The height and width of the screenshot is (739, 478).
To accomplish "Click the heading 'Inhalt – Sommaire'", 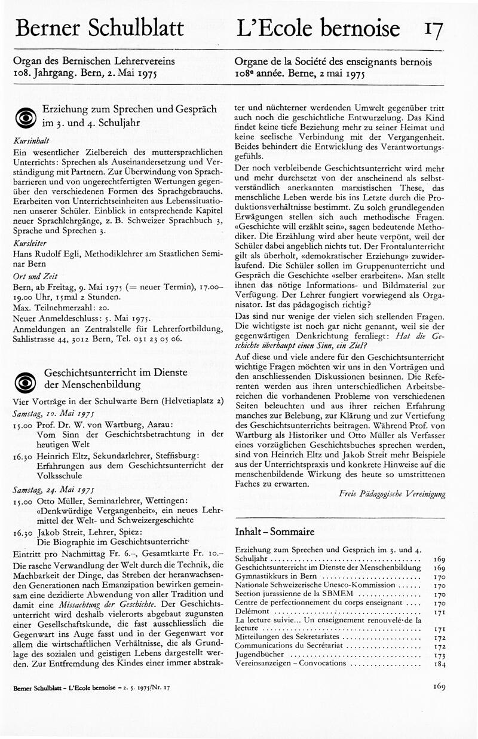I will point(275,531).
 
